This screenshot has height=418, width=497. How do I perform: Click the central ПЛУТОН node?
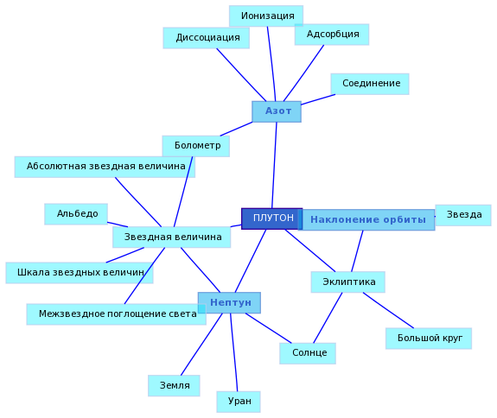[x=272, y=218]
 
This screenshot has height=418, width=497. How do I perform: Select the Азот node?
[x=277, y=111]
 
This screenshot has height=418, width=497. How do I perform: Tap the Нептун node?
[x=229, y=303]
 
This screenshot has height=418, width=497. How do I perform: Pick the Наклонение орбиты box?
[x=366, y=219]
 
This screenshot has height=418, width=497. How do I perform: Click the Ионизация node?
[x=266, y=16]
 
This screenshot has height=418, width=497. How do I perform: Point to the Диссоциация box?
[x=207, y=38]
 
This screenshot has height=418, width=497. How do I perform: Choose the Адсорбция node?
[x=332, y=35]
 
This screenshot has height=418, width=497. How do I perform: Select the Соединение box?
[x=370, y=84]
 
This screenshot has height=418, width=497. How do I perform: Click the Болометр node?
[x=196, y=146]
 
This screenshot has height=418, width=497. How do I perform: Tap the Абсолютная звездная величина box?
[x=105, y=167]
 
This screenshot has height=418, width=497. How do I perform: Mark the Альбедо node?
[x=76, y=214]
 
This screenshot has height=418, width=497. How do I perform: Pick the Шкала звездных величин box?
[x=80, y=273]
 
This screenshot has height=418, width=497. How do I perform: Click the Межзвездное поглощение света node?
[x=117, y=314]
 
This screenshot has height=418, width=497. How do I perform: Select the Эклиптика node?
[x=348, y=282]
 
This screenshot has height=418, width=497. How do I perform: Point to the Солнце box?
[x=308, y=353]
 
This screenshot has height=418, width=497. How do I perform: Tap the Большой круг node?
[x=429, y=339]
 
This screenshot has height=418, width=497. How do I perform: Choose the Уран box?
[x=239, y=402]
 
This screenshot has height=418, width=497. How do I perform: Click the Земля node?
[x=174, y=386]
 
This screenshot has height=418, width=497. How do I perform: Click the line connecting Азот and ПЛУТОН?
[x=274, y=165]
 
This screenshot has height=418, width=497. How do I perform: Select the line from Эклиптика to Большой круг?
[x=388, y=310]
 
